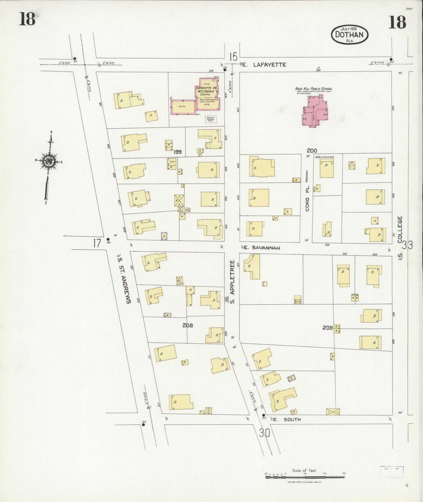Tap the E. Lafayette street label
coord(264,65)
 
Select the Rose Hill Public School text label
coord(314,89)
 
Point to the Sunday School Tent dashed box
coord(211,120)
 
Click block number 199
coord(177,152)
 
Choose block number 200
coord(312,151)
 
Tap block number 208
coord(188,325)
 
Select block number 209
coord(328,327)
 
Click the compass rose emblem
coord(49,161)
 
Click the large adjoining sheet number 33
coord(408,245)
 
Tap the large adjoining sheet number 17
coord(97,243)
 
